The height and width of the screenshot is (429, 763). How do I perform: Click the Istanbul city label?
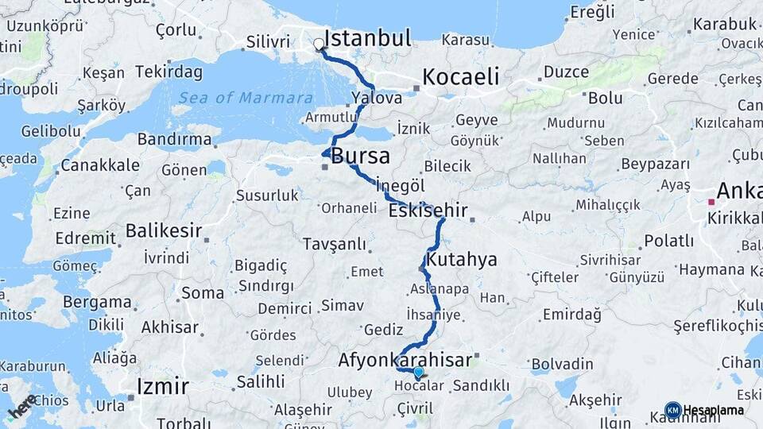coord(367,38)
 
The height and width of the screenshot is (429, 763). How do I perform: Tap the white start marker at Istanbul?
coord(320,44)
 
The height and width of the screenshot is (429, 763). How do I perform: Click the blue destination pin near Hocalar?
coord(418,372)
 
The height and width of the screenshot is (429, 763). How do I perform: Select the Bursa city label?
coord(360,155)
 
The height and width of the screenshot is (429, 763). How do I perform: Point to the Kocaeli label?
coord(461,77)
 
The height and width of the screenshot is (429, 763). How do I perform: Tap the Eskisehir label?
coord(427,211)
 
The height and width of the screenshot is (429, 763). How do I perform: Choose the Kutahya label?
coord(461,260)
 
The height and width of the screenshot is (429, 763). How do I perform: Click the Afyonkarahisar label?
coord(405,360)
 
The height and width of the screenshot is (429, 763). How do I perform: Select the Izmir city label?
coord(163,387)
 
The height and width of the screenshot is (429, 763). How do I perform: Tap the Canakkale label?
coord(100,165)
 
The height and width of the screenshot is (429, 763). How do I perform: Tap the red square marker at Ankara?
coord(711,202)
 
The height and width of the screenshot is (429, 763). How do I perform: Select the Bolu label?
coord(605,99)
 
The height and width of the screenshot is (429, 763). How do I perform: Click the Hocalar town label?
coord(418,386)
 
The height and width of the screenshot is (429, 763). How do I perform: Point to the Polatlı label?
coord(668,241)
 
